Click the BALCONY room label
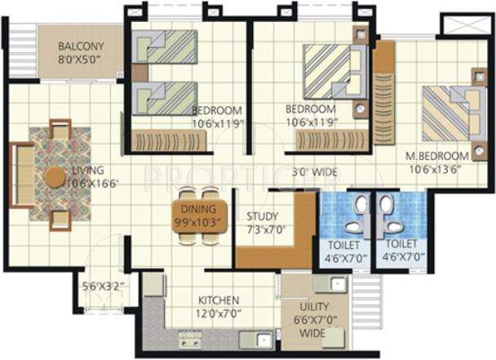point(81,46)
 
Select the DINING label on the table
point(194,209)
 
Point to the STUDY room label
point(263,216)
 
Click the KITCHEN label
point(219,300)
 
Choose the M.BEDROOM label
point(439,156)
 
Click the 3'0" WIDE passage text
point(313,172)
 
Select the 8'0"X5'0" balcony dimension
point(81,59)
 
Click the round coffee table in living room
point(55,176)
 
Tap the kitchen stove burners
point(190,337)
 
